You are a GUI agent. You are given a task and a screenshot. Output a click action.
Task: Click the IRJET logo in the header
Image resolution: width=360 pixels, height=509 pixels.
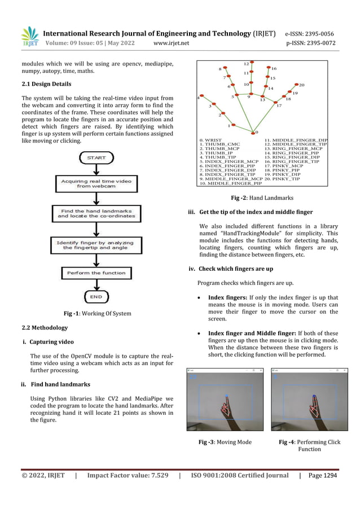(x=29, y=36)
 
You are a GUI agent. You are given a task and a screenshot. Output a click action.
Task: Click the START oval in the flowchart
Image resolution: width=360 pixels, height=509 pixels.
(x=96, y=158)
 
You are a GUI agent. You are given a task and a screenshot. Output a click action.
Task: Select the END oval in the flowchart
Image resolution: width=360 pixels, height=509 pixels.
(x=96, y=296)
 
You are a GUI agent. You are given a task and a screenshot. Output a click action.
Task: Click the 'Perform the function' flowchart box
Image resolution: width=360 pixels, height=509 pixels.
(x=96, y=273)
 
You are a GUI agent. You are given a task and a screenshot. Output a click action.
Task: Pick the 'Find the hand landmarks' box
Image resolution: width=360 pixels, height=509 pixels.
(x=96, y=213)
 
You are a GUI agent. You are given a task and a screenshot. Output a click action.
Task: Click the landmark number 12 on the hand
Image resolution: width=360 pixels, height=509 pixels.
(x=247, y=64)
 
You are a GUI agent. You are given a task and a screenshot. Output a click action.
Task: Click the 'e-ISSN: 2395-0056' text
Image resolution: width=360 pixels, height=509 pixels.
(x=309, y=33)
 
